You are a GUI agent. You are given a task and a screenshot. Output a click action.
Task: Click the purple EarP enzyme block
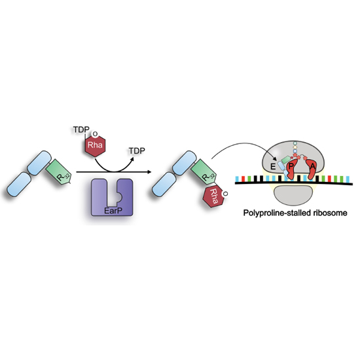112,198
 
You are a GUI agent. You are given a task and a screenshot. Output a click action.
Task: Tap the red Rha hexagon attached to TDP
95,145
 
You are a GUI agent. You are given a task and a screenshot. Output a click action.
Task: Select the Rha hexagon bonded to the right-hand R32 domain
213,196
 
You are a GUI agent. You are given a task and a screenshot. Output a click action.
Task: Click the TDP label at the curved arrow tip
137,151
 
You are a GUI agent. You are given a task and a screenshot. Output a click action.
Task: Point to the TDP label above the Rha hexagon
81,130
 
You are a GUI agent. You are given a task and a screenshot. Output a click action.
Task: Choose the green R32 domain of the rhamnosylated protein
204,171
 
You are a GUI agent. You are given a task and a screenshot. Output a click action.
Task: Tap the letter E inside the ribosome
273,166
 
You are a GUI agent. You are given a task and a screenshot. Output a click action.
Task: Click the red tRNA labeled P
291,169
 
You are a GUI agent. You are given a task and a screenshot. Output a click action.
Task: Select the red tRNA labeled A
312,169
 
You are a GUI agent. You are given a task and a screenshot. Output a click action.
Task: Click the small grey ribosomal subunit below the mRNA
293,196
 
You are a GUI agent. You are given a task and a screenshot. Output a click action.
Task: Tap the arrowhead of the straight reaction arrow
149,171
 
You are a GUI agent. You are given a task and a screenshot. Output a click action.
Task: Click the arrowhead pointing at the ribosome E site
274,158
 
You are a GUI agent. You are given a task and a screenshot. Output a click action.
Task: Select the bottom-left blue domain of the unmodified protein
19,185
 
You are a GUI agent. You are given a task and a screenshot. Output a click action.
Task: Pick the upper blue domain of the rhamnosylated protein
184,163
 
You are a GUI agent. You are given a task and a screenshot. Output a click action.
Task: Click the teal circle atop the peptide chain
295,143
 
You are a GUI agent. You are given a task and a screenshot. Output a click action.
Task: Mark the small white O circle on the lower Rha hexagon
225,194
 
